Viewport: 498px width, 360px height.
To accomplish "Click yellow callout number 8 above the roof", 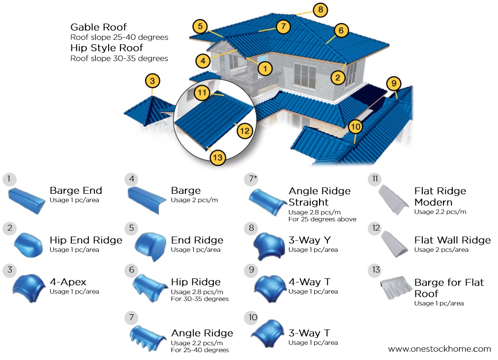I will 320,9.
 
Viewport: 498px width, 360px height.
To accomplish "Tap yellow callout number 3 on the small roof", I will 152,81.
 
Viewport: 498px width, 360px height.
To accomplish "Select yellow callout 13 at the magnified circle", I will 217,158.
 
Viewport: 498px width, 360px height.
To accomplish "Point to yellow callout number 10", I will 355,126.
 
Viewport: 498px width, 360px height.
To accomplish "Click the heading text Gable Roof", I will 98,27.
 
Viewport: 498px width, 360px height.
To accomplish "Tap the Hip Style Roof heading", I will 107,48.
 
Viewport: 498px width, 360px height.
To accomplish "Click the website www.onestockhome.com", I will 439,349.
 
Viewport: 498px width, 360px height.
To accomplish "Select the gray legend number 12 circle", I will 377,228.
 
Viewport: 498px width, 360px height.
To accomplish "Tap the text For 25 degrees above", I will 322,219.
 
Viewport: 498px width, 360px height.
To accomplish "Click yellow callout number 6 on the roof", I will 341,30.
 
